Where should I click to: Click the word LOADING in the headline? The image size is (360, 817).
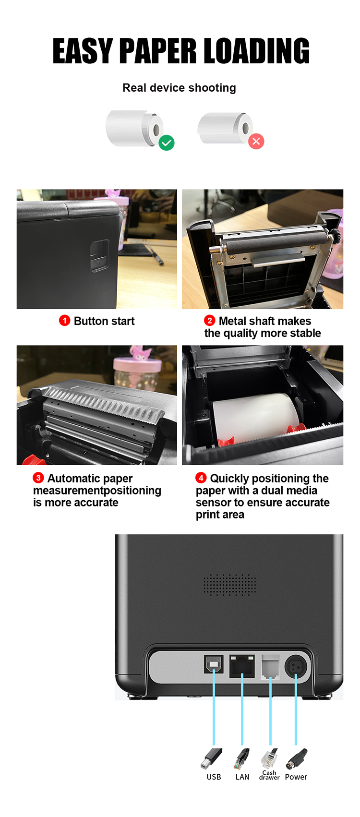pos(256,51)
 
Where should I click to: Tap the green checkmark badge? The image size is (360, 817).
pos(167,143)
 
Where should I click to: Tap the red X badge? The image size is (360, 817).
pos(256,141)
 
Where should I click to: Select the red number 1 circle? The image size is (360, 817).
pos(64,321)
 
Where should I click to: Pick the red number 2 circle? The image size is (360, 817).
pos(209,321)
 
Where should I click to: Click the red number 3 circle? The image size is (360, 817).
pos(38,478)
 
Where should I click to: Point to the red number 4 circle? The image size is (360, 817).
pos(201,478)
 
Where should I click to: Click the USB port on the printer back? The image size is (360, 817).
pos(214,664)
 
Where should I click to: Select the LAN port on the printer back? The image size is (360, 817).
pos(242,666)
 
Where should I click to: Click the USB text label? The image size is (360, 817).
pos(214,777)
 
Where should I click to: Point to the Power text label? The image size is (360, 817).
pos(296,777)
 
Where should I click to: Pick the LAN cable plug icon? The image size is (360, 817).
pos(241,758)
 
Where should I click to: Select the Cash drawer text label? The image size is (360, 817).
pos(269,775)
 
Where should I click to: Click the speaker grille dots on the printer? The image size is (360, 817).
pos(229,585)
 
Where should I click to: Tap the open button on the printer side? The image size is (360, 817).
pos(99,256)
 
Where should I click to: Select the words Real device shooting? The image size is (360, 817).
pos(179,88)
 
